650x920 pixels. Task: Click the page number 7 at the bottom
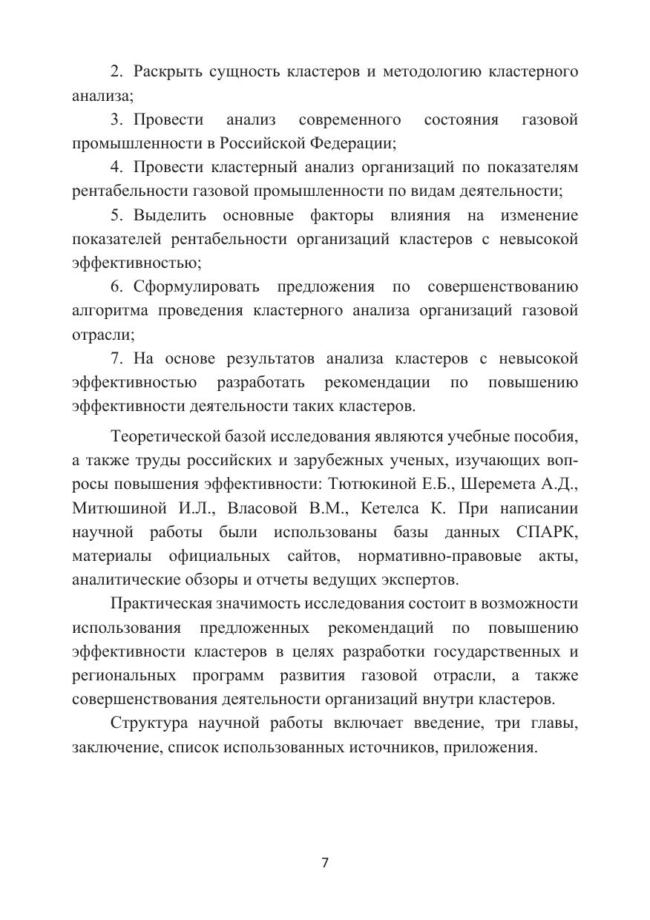325,863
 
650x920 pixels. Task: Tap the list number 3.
116,119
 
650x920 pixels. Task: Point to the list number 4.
116,167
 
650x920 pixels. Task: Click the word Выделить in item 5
168,215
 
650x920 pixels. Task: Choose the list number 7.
116,358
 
